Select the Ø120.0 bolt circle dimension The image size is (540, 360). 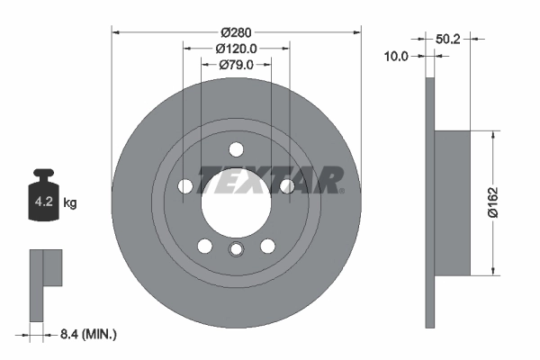pos(236,48)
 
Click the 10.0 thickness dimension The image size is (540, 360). pos(397,56)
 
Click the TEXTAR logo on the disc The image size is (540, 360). pos(270,180)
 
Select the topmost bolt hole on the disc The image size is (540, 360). pos(236,149)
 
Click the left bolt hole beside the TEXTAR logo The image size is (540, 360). pos(185,186)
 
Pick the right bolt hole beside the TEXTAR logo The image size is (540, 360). pos(286,186)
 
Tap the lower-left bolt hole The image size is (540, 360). pos(205,246)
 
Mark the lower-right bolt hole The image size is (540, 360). pos(267,246)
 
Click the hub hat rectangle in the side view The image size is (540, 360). pos(453,203)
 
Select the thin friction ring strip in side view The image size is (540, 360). pos(429,203)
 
